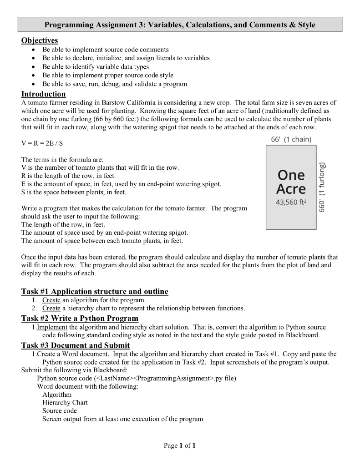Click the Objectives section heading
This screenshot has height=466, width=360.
pyautogui.click(x=40, y=41)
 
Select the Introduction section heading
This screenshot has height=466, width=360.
pyautogui.click(x=44, y=94)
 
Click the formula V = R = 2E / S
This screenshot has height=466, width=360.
pyautogui.click(x=42, y=143)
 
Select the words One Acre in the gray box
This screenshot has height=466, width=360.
pyautogui.click(x=292, y=182)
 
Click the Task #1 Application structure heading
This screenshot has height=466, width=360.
pyautogui.click(x=95, y=291)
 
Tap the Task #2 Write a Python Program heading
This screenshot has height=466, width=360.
pyautogui.click(x=80, y=318)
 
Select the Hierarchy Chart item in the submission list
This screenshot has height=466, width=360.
pyautogui.click(x=65, y=402)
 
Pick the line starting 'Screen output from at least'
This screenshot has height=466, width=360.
pyautogui.click(x=122, y=419)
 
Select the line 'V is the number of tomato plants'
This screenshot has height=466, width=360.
pyautogui.click(x=100, y=168)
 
